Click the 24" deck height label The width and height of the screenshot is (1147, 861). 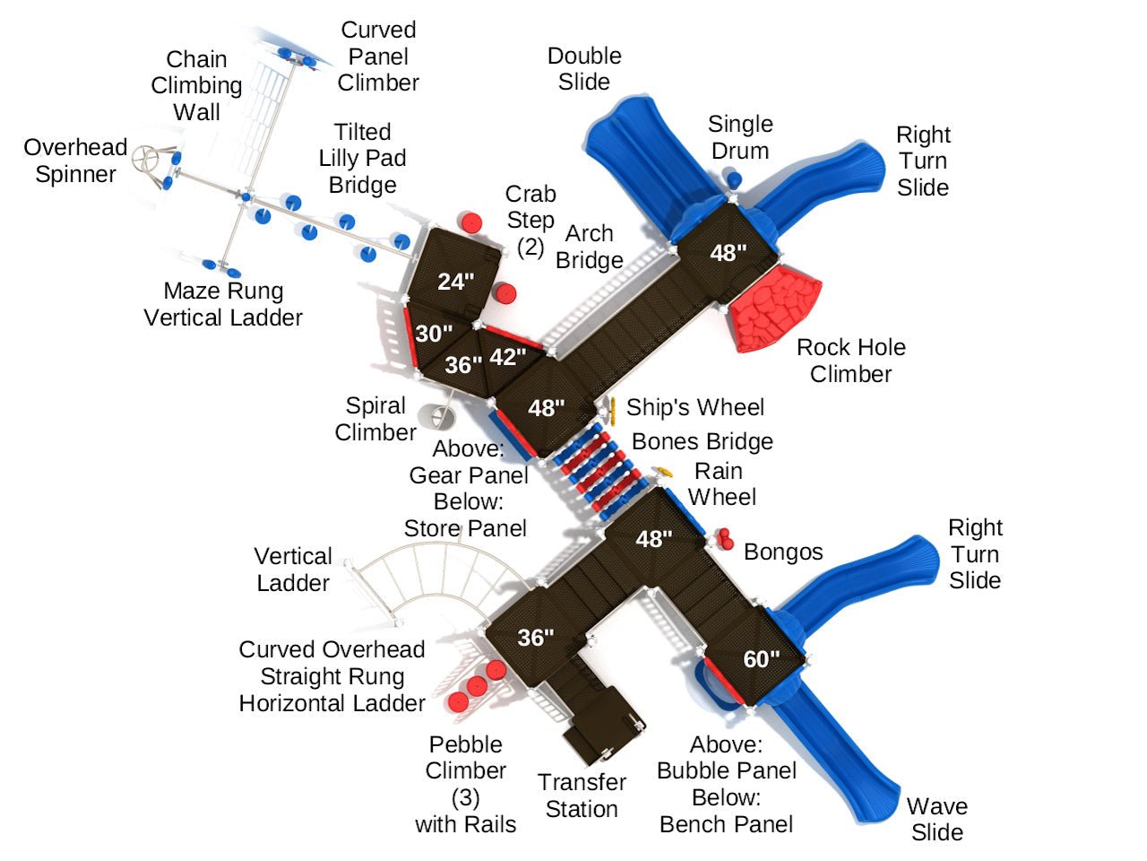[x=455, y=282]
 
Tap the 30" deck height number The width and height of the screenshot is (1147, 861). [x=433, y=334]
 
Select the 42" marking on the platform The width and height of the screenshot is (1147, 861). [x=507, y=357]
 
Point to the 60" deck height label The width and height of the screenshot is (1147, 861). [x=761, y=659]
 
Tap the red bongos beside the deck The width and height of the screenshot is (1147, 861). [x=723, y=537]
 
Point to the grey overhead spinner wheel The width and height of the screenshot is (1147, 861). [x=146, y=161]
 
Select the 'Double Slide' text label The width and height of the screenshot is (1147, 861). [x=584, y=69]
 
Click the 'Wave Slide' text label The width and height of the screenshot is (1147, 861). [x=937, y=819]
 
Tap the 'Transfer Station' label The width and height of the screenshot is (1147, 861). [x=582, y=796]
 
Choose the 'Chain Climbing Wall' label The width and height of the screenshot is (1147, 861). [x=196, y=85]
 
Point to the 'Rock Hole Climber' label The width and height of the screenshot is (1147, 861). [x=850, y=361]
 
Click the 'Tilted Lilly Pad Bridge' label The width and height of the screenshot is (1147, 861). [x=362, y=159]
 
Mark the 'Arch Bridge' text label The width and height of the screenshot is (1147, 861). [x=589, y=247]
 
